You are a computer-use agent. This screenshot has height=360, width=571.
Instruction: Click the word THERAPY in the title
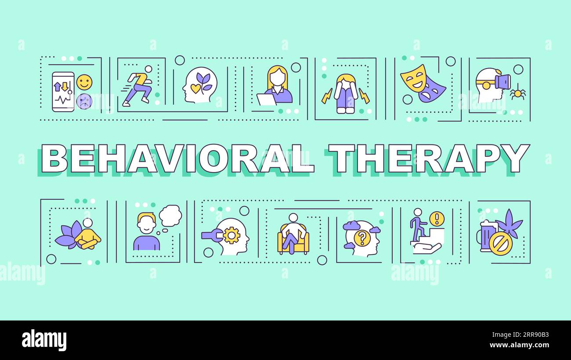pyautogui.click(x=429, y=158)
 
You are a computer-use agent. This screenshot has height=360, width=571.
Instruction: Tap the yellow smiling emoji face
pyautogui.click(x=84, y=82)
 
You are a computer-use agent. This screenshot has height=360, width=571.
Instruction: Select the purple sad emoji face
pyautogui.click(x=84, y=101)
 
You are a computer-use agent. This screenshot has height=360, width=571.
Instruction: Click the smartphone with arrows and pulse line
pyautogui.click(x=63, y=92)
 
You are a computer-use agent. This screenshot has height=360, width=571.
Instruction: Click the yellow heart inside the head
pyautogui.click(x=195, y=89)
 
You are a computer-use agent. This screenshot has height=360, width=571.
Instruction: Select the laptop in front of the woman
pyautogui.click(x=266, y=100)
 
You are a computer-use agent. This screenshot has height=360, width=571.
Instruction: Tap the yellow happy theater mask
pyautogui.click(x=413, y=78)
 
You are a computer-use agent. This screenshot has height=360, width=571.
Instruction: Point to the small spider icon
pyautogui.click(x=517, y=93)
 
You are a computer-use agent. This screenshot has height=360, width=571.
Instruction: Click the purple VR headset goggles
pyautogui.click(x=502, y=82)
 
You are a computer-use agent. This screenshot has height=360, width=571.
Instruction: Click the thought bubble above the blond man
pyautogui.click(x=170, y=216)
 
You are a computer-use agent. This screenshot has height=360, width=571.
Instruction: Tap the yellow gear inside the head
pyautogui.click(x=231, y=235)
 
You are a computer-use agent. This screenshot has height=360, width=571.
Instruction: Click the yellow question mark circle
pyautogui.click(x=362, y=238)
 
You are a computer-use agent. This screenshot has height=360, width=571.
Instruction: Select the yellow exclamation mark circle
pyautogui.click(x=437, y=218)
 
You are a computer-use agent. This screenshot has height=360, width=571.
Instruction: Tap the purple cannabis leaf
pyautogui.click(x=508, y=223)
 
